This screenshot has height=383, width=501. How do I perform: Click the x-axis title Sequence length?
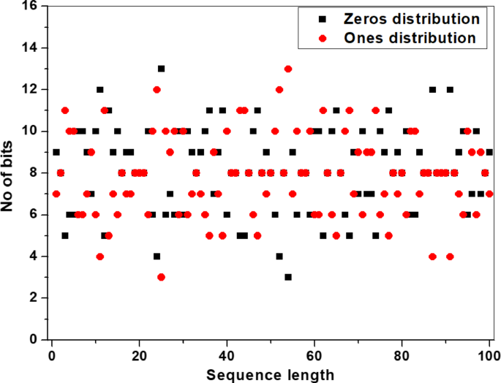[271, 374]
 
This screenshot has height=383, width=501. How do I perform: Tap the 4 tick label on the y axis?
[34, 257]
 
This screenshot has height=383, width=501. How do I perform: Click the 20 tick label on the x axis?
[140, 355]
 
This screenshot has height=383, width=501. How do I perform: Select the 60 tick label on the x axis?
[314, 355]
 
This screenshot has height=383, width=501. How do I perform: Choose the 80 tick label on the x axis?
[402, 355]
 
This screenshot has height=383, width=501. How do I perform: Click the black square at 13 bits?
[161, 69]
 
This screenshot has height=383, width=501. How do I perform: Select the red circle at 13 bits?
[288, 69]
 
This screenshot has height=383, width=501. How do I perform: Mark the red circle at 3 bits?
[161, 277]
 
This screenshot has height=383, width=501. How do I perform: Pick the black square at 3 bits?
[288, 277]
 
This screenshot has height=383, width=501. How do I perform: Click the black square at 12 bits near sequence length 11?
[100, 90]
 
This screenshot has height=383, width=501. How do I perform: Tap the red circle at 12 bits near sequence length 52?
[279, 90]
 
